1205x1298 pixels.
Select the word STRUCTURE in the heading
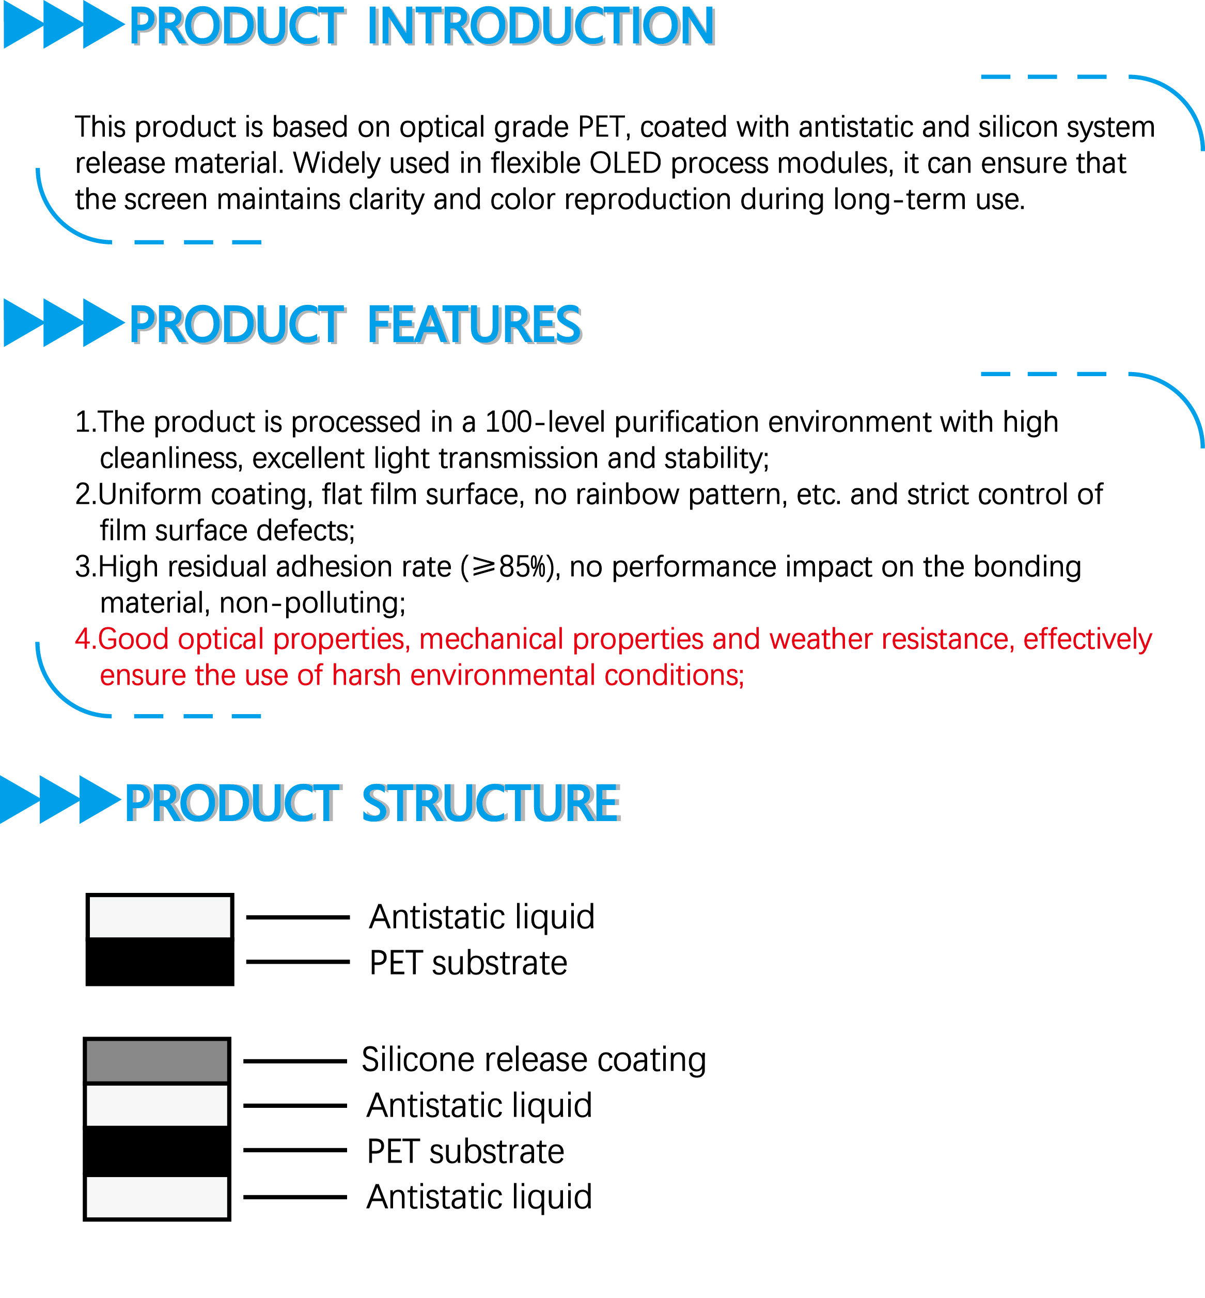click(490, 803)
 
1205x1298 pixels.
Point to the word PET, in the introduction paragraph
click(604, 127)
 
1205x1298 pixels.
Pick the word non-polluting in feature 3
click(312, 604)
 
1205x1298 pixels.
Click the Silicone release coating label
click(534, 1060)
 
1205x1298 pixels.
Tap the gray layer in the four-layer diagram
click(157, 1061)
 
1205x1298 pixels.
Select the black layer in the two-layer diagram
click(160, 961)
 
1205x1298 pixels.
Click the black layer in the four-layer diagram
click(157, 1151)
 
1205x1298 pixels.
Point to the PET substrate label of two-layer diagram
click(468, 963)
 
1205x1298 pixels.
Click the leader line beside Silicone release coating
click(295, 1061)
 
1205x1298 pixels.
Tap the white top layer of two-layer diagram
click(160, 917)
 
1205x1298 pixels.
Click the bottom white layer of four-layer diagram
click(157, 1197)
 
